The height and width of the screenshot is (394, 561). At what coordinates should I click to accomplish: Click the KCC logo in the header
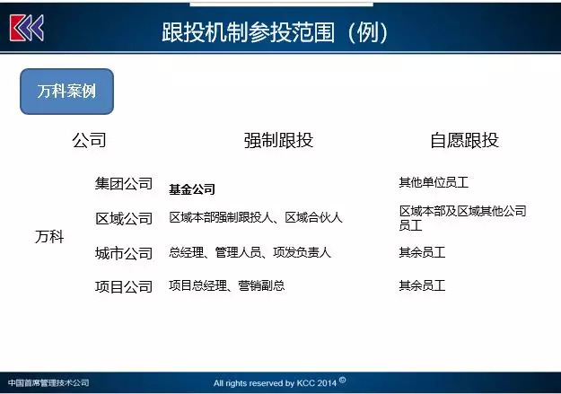(x=27, y=28)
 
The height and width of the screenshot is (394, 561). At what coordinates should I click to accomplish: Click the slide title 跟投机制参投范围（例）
(x=275, y=32)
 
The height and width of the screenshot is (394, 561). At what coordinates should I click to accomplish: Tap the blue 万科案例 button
(x=67, y=92)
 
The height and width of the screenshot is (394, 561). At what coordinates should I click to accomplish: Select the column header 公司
(x=89, y=140)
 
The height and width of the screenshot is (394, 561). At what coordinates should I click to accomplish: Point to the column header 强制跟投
(x=278, y=140)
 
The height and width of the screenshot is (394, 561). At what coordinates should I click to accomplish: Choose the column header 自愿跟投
(x=464, y=140)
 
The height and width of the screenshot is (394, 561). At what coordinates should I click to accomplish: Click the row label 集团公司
(x=124, y=184)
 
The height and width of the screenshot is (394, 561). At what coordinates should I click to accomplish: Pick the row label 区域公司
(x=124, y=218)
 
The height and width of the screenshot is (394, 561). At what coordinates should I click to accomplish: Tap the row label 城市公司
(x=124, y=253)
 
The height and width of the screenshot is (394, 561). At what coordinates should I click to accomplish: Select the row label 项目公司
(x=124, y=286)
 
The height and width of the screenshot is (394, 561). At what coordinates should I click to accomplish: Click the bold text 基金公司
(x=192, y=189)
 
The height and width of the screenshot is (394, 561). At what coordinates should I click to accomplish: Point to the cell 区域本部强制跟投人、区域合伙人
(x=256, y=217)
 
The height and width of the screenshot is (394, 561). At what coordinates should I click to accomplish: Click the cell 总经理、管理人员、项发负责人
(x=250, y=252)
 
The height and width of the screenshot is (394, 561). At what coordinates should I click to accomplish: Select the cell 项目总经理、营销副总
(x=227, y=285)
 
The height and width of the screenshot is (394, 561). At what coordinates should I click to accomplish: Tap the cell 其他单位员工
(x=434, y=182)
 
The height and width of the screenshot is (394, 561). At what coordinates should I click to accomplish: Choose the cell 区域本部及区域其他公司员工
(x=462, y=218)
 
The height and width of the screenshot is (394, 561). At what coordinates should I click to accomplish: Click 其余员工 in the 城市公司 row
(x=422, y=252)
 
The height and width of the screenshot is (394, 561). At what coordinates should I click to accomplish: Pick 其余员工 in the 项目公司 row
(x=422, y=285)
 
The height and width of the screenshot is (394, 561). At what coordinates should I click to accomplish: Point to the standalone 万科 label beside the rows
(x=49, y=237)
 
